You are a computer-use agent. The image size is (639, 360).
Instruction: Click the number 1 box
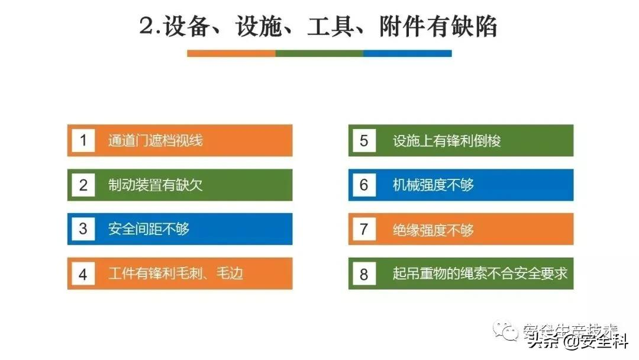point(83,140)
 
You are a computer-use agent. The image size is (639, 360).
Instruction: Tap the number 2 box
point(83,185)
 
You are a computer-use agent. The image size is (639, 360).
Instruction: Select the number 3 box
point(83,229)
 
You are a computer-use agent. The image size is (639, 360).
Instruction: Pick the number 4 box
point(83,274)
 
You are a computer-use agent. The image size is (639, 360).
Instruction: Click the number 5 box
point(364,140)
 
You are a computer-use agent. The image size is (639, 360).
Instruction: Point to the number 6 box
point(364,185)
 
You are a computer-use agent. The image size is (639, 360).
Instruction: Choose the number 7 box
point(364,229)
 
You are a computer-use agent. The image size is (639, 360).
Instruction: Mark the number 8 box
point(364,274)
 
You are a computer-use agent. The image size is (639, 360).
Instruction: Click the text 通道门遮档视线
point(155,140)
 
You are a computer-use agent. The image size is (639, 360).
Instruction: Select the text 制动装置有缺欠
point(155,185)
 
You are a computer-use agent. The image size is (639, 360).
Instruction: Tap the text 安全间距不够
point(149,229)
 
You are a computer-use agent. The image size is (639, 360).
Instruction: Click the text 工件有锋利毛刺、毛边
point(176,274)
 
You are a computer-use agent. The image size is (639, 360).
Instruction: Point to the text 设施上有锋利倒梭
point(447,140)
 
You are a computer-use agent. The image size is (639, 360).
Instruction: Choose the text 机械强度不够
point(433,185)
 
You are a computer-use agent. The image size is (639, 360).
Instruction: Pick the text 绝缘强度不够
point(433,229)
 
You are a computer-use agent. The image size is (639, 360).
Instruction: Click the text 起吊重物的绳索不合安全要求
point(480,274)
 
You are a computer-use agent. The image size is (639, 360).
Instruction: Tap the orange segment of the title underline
point(231,53)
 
